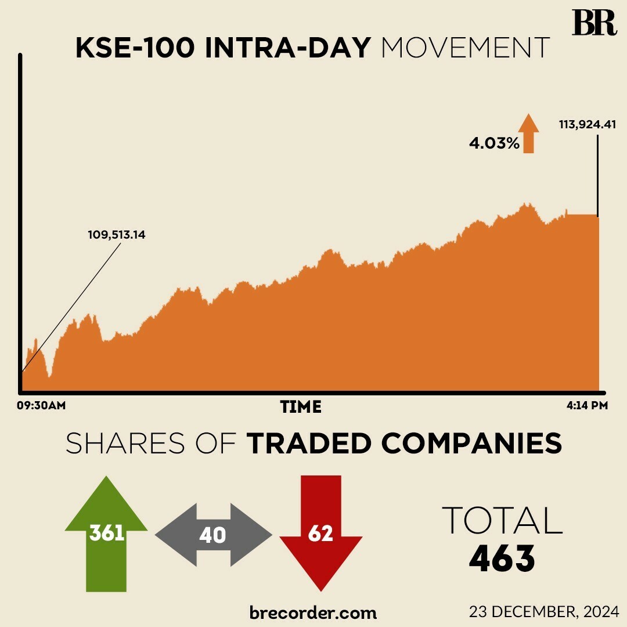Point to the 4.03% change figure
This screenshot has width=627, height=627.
tap(494, 143)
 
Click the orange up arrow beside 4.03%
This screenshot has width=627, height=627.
tap(528, 134)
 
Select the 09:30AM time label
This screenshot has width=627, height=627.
tap(41, 406)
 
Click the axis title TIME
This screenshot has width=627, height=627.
tap(301, 407)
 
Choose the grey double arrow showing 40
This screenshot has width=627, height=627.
tap(213, 535)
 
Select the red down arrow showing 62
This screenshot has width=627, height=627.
tap(320, 531)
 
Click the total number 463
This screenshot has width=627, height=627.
tap(502, 558)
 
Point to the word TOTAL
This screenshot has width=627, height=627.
tap(502, 520)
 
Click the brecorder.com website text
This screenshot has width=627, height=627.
tap(313, 612)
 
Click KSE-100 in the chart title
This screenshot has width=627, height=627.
tap(135, 49)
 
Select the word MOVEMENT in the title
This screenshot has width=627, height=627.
tap(465, 49)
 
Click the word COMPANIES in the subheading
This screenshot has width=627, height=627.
tap(471, 444)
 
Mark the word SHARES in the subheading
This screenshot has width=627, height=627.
tap(118, 444)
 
